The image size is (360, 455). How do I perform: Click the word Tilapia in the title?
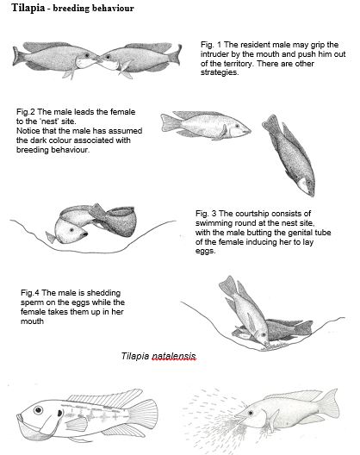click(x=23, y=8)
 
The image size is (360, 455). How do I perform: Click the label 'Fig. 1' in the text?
click(x=212, y=43)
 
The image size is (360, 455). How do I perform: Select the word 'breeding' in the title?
click(x=71, y=8)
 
